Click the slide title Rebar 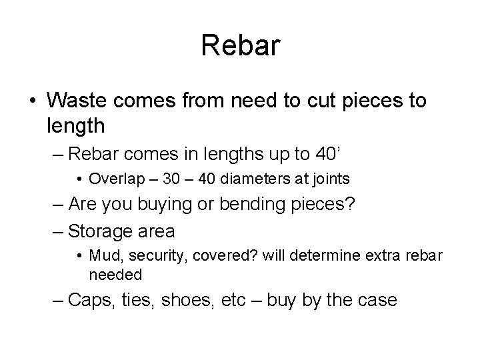pyautogui.click(x=240, y=46)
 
